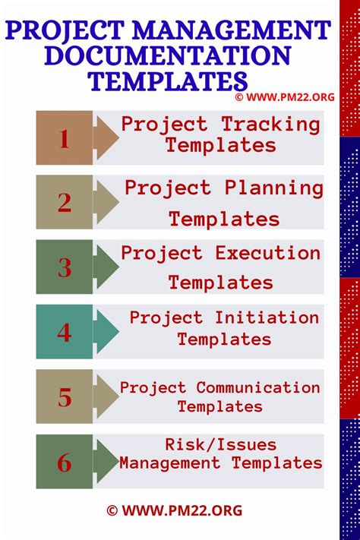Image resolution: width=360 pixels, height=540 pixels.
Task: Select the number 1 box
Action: coord(65,138)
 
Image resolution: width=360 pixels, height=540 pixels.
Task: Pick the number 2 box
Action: coord(65,202)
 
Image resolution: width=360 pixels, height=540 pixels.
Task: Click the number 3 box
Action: coord(65,267)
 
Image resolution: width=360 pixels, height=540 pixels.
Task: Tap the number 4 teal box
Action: coord(65,332)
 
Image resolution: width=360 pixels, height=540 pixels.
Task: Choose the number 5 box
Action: coord(65,396)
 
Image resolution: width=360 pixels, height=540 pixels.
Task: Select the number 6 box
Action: coord(65,462)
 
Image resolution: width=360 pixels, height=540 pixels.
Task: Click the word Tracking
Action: coord(270,124)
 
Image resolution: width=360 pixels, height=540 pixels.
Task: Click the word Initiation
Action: coord(265,317)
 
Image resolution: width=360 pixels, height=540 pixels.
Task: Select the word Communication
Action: coord(258,387)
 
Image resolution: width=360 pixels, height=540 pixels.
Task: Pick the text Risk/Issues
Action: coord(221,444)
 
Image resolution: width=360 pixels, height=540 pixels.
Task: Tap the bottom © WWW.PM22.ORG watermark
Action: coord(174,511)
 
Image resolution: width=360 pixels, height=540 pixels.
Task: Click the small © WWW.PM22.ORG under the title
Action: coord(286,97)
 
